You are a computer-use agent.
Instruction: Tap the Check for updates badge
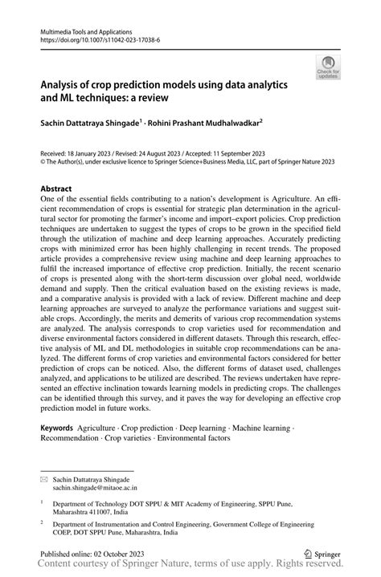coord(328,67)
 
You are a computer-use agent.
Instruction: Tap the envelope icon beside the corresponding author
coord(45,477)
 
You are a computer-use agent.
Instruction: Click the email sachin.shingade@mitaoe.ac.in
coord(112,487)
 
